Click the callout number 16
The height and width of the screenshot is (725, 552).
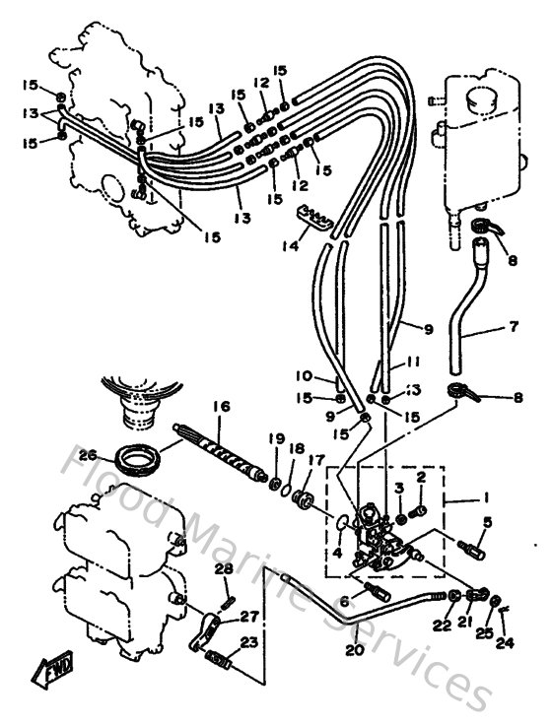click(221, 405)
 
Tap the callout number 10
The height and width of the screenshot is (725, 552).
click(304, 375)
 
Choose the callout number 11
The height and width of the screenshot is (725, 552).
click(411, 363)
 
